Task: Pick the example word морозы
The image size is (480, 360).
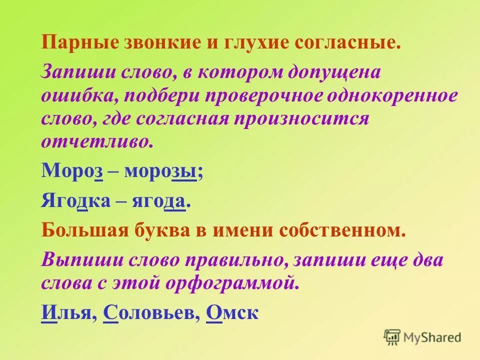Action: pos(163,171)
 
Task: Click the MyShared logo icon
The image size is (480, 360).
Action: pos(392,336)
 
